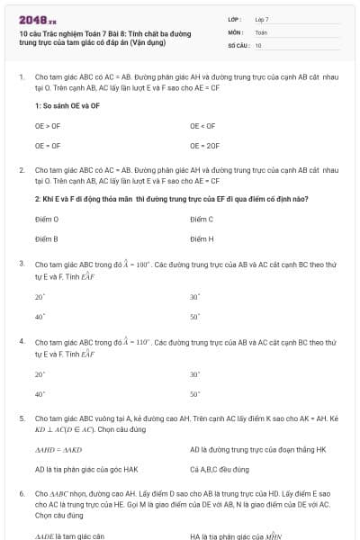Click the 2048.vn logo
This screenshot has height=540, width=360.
(x=38, y=19)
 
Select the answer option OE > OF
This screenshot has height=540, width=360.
(x=48, y=126)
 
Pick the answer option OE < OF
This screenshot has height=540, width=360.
(x=202, y=126)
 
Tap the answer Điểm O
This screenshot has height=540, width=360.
(x=47, y=219)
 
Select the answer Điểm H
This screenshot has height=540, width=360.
(x=202, y=238)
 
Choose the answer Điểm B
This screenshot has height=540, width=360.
(x=47, y=238)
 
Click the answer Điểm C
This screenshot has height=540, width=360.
(x=202, y=219)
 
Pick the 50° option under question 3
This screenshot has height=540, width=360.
(x=194, y=316)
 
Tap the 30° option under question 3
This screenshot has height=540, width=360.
(x=194, y=297)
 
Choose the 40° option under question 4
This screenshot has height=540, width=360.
(x=40, y=394)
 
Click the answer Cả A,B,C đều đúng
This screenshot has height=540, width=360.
(x=217, y=469)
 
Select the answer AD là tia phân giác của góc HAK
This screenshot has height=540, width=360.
(x=86, y=469)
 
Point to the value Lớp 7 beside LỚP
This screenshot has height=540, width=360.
(x=262, y=19)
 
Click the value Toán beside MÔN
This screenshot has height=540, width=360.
(x=261, y=31)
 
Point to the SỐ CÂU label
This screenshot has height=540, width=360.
(x=238, y=44)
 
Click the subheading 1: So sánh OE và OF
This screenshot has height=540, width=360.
(x=67, y=105)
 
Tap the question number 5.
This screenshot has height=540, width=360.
(x=21, y=418)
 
